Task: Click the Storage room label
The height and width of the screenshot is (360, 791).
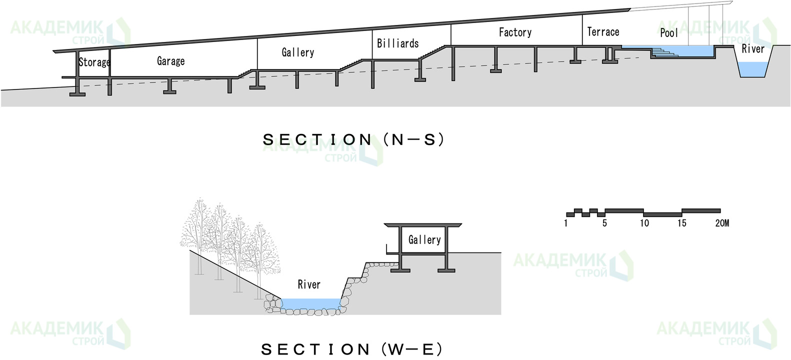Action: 94,62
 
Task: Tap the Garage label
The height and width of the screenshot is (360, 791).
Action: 171,61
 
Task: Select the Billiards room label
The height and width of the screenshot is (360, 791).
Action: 397,43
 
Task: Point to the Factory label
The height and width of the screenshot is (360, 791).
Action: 515,32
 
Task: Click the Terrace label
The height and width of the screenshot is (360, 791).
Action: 603,32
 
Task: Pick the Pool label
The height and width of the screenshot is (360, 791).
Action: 669,33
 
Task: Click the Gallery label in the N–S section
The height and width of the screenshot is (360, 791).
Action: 298,52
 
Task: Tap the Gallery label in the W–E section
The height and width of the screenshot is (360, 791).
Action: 425,240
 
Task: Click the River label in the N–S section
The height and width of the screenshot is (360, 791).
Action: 753,49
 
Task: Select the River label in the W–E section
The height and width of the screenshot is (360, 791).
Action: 309,284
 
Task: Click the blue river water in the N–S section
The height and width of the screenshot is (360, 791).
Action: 753,69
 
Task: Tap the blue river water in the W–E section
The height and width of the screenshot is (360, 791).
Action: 310,303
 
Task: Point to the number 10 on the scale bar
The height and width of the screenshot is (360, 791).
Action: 644,223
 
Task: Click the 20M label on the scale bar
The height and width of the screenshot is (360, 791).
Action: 722,223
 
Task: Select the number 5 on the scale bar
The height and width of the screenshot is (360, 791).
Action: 604,223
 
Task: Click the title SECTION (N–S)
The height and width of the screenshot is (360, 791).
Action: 353,140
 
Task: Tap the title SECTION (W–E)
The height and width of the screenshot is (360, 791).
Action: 351,350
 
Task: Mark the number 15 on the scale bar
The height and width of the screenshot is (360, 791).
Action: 682,223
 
